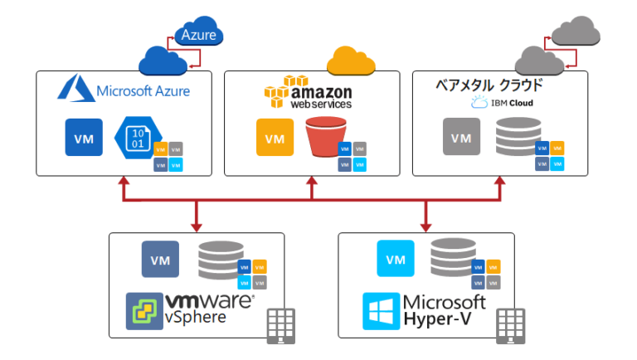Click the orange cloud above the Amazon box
(x=352, y=61)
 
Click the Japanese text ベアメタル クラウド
(x=489, y=85)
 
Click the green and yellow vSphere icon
(x=143, y=310)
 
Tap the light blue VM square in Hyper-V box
(x=395, y=259)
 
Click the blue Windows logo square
(x=381, y=310)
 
